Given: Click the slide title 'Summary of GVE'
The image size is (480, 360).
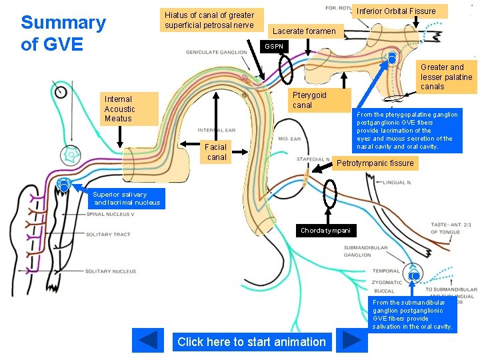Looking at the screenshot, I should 63,33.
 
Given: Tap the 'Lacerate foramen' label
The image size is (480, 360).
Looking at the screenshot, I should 304,31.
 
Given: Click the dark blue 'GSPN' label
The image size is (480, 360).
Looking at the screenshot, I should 273,47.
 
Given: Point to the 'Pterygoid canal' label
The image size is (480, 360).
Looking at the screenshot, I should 311,100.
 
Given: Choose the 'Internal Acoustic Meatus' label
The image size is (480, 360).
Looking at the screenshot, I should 120,109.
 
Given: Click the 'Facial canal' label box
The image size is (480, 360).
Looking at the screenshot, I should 216,152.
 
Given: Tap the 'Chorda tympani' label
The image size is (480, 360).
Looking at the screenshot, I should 325,231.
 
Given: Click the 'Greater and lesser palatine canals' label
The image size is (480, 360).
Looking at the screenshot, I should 446,77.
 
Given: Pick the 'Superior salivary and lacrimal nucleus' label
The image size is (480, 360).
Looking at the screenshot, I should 127,198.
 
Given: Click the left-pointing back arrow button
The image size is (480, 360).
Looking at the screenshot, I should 148,340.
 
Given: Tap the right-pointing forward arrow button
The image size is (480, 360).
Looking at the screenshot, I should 351,340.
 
